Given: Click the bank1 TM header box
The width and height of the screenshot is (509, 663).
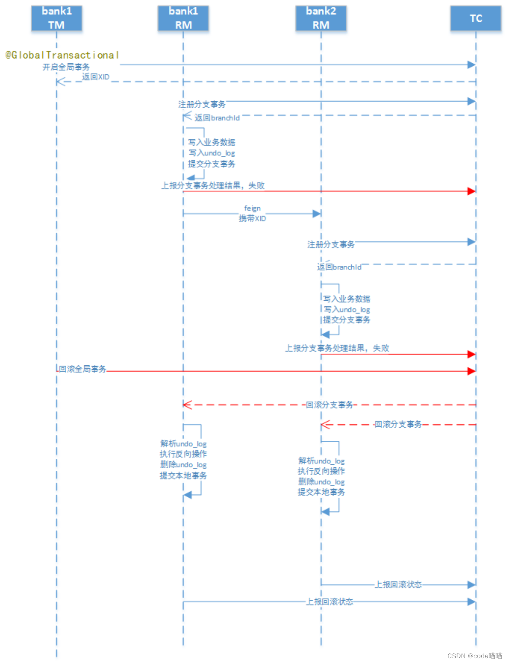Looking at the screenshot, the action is [x=56, y=18].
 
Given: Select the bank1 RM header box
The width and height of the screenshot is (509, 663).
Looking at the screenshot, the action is [x=183, y=18].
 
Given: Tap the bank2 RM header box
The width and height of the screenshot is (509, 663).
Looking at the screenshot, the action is [x=321, y=18].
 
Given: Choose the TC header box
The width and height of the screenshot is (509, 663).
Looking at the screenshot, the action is [x=476, y=18].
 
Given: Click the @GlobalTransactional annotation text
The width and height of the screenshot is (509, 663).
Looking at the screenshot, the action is [x=62, y=55].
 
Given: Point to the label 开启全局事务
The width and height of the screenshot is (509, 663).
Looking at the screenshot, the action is [x=66, y=67].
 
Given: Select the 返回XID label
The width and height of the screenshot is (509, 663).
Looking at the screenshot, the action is [x=96, y=77].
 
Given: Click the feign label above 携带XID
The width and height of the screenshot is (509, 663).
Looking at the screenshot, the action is [x=253, y=208].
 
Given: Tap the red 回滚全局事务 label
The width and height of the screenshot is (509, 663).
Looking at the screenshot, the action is [x=82, y=369].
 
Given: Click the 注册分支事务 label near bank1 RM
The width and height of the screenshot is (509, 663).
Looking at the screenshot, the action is [x=202, y=104].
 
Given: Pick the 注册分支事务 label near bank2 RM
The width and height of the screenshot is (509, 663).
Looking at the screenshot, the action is [x=331, y=245].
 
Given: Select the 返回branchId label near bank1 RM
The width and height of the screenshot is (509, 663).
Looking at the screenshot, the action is [x=217, y=118].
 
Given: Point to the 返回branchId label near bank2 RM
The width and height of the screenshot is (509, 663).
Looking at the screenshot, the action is [x=339, y=267].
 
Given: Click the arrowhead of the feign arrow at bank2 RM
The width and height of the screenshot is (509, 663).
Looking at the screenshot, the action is [x=317, y=213].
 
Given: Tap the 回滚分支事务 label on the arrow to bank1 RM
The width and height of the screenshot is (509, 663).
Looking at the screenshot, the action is [x=329, y=405].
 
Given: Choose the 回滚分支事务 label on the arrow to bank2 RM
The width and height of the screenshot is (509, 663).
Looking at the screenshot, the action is [x=398, y=425].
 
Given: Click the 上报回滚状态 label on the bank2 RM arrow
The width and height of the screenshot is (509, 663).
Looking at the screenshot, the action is [x=398, y=585].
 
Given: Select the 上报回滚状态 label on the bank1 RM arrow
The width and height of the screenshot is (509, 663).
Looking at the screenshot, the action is [x=330, y=602].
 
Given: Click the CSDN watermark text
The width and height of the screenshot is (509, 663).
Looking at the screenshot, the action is [x=474, y=656].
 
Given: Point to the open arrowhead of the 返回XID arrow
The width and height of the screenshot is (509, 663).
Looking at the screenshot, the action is [x=60, y=81].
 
